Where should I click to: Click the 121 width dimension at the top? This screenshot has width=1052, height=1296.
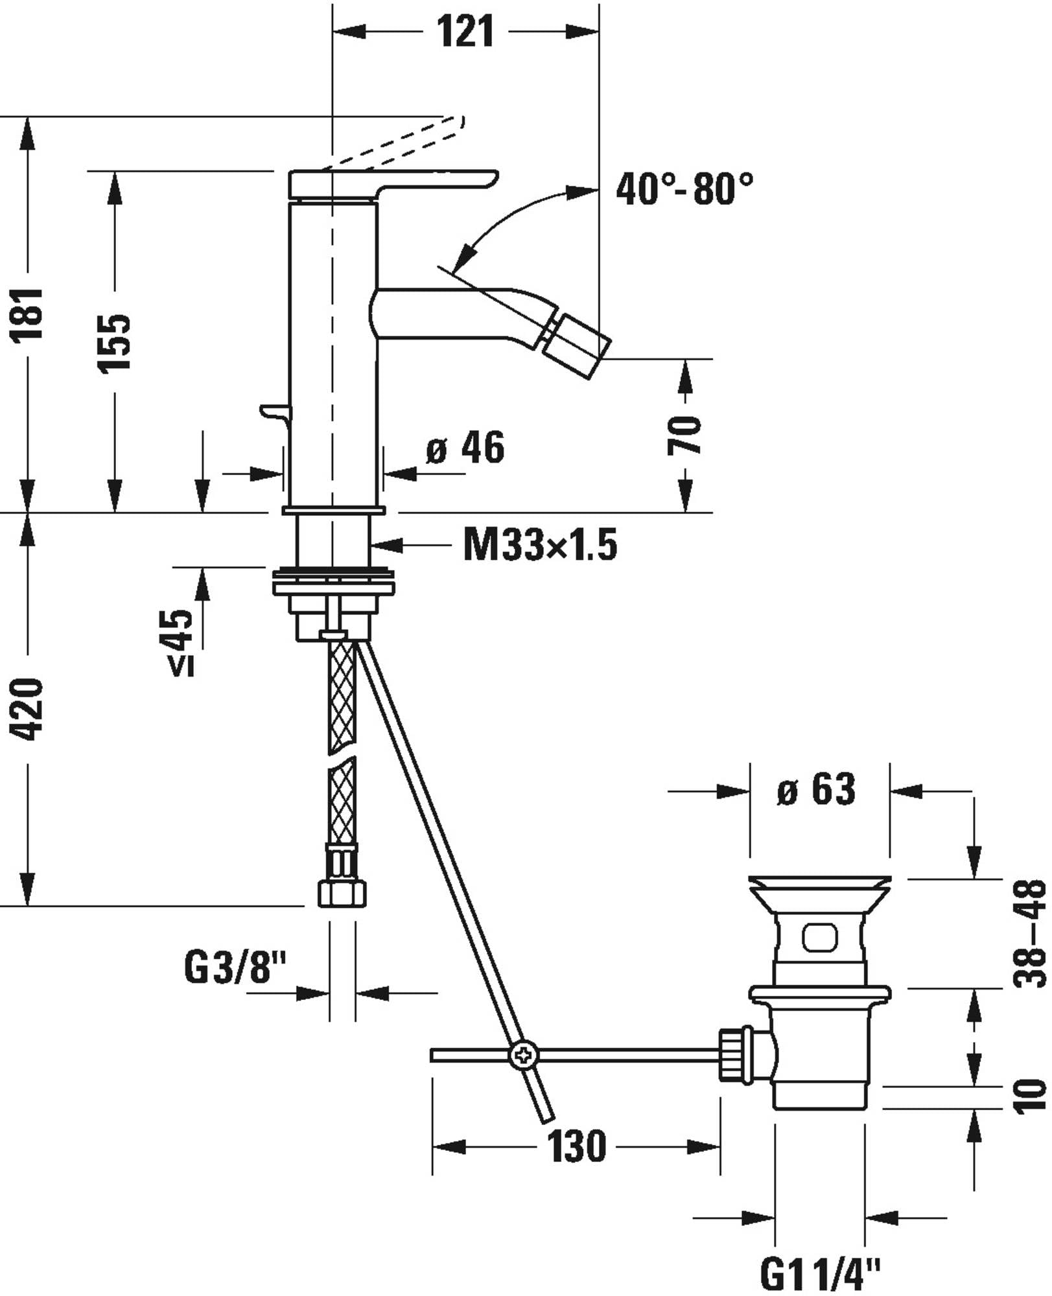(x=465, y=30)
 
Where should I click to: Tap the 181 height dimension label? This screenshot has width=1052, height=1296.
(x=29, y=314)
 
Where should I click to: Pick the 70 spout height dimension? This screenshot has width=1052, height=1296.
(x=684, y=435)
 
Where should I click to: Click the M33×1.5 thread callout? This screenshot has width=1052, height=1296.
(x=539, y=544)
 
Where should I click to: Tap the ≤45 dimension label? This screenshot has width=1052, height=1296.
(x=183, y=642)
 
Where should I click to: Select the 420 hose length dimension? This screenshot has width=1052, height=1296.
(x=29, y=710)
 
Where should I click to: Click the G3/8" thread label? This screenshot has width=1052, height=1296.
(x=235, y=968)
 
